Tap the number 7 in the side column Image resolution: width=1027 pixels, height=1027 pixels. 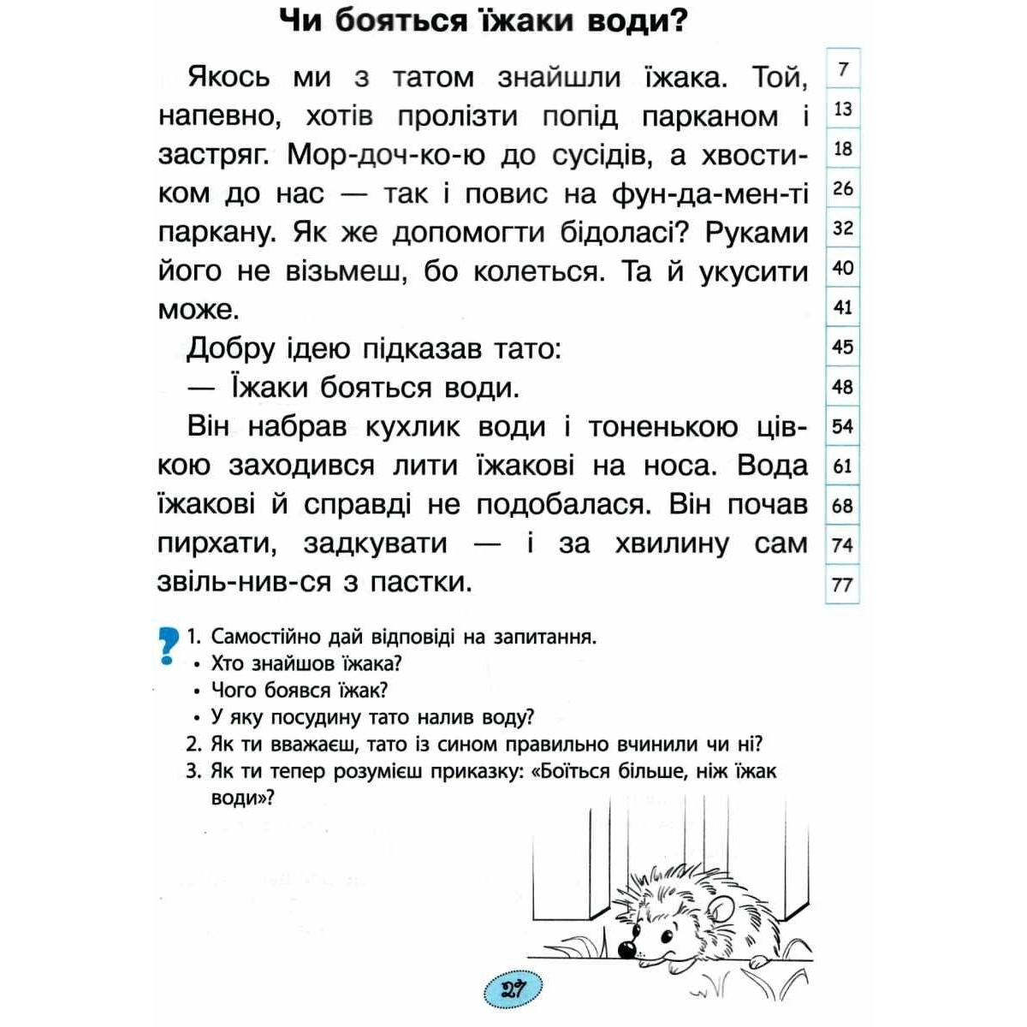pyautogui.click(x=843, y=69)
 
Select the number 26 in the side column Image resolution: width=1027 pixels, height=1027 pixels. pyautogui.click(x=843, y=188)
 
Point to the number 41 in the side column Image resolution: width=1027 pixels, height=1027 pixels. pyautogui.click(x=843, y=307)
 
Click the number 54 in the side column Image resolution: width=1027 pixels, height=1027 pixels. pyautogui.click(x=843, y=426)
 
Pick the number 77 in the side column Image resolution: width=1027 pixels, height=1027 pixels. pyautogui.click(x=843, y=585)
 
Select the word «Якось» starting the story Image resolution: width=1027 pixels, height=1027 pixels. pyautogui.click(x=229, y=77)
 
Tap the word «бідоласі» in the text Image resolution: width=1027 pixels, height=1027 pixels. pyautogui.click(x=598, y=233)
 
